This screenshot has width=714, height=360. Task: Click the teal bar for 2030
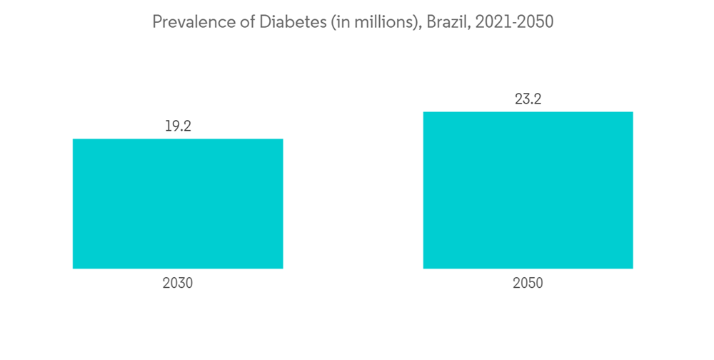click(178, 204)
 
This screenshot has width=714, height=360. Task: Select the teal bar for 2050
click(528, 190)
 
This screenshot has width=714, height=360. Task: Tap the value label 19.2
click(178, 126)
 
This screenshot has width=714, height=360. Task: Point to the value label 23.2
click(528, 99)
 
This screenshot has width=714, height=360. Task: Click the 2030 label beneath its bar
click(178, 284)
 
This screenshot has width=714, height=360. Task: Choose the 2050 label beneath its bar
click(528, 284)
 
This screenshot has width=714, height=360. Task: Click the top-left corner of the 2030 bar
click(74, 139)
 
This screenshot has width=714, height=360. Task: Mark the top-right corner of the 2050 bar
click(633, 112)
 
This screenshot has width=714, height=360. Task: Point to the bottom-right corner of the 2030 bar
click(283, 268)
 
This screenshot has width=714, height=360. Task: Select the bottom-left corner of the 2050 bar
click(423, 268)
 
